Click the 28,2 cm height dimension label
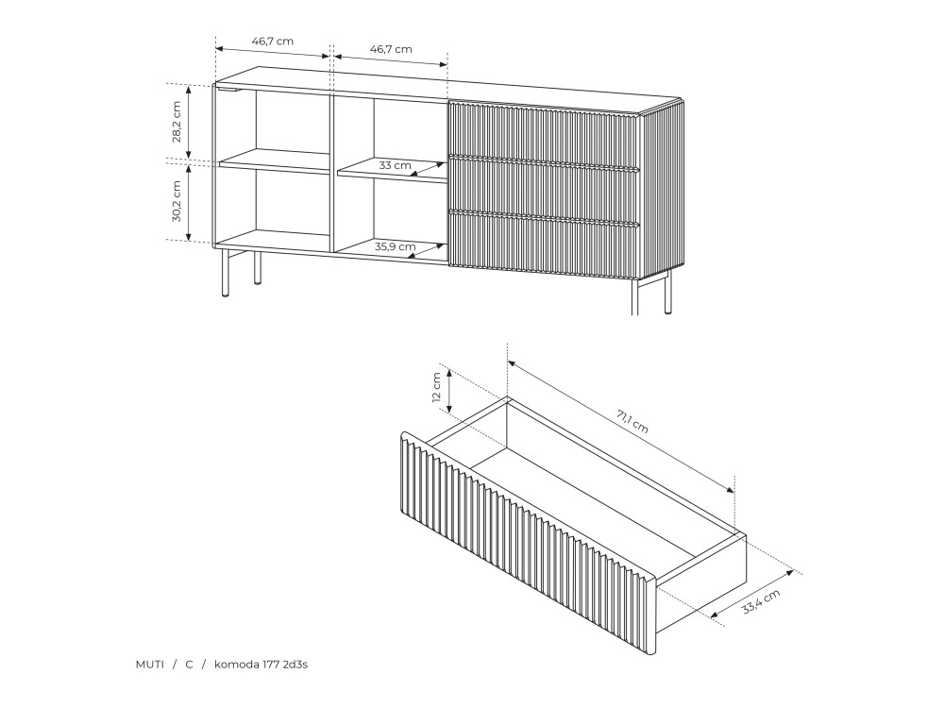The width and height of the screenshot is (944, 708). (177, 122)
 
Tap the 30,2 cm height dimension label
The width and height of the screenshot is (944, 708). (177, 201)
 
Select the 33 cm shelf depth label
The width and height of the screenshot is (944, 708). (395, 165)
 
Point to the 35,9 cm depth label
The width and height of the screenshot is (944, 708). (395, 246)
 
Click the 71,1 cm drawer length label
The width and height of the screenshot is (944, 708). (632, 421)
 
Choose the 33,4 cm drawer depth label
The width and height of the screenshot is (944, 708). (761, 601)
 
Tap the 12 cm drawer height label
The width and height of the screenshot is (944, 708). (436, 387)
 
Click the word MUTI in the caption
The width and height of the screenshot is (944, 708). (149, 665)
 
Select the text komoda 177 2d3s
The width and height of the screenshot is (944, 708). (261, 665)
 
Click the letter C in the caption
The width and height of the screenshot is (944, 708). (189, 665)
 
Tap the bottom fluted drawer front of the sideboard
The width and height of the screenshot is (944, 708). (545, 245)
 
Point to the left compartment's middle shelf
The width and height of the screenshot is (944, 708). (275, 160)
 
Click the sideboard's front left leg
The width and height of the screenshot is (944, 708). (226, 274)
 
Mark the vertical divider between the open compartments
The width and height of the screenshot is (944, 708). (331, 172)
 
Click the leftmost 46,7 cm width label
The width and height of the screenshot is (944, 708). (273, 42)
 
